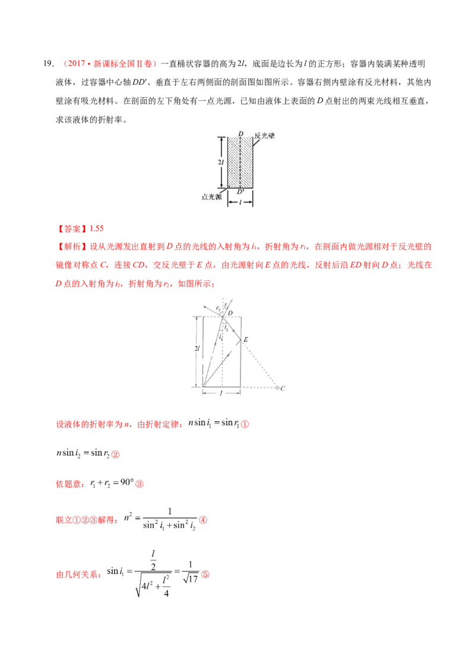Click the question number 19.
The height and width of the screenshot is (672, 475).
49,64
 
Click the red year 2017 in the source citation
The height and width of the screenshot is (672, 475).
77,64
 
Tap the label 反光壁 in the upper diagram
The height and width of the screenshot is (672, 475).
264,136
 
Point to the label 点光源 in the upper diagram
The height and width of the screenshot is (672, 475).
212,197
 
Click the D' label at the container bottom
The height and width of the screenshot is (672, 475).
240,192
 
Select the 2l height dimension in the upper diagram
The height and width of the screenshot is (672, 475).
220,162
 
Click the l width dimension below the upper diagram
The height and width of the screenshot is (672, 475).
240,202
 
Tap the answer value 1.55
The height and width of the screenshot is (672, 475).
96,229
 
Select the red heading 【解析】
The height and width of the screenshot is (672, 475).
72,247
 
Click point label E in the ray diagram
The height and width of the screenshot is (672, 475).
246,340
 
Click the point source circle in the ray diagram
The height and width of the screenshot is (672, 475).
204,385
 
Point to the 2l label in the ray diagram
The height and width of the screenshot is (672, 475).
197,348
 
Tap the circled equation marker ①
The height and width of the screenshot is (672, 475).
245,424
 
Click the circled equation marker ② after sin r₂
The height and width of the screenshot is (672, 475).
115,454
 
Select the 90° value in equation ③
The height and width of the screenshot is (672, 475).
127,482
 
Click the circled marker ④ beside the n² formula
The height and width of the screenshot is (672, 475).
203,520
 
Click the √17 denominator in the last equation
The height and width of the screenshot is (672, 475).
191,579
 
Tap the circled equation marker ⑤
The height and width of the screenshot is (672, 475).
205,574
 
